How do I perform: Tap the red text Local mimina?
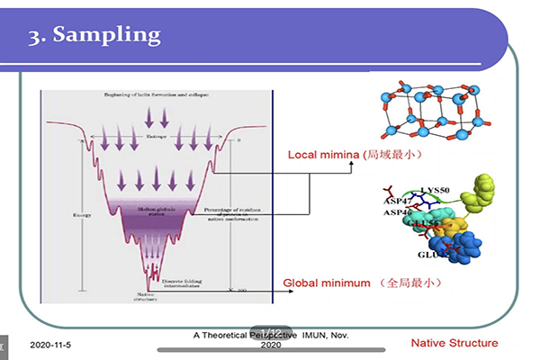(323, 154)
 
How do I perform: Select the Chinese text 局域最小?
(391, 154)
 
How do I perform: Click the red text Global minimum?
(327, 283)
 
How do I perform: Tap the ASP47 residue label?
(399, 202)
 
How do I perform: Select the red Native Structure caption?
(454, 343)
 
